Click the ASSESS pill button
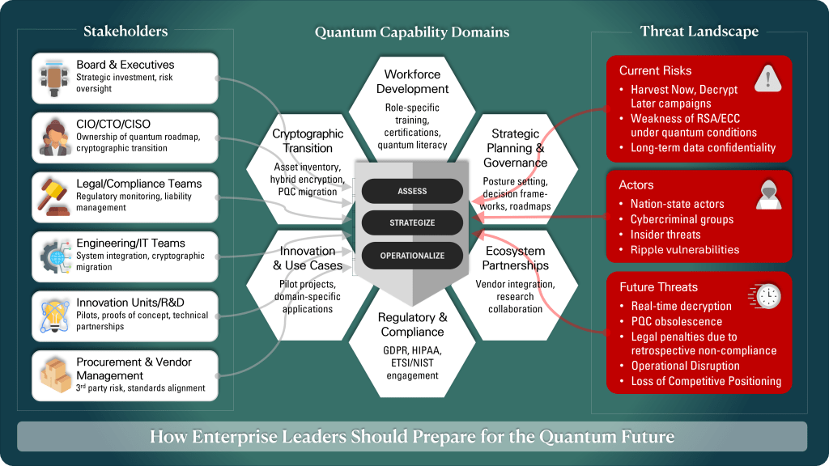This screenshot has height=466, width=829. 412,192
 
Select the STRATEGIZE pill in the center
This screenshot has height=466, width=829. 412,223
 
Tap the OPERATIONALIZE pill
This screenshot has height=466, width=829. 412,256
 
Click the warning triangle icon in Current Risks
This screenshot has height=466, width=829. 765,78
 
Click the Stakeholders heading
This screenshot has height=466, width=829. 125,32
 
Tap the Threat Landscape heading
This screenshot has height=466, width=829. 699,32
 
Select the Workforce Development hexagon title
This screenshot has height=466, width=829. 412,82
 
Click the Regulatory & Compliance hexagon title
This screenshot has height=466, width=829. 412,324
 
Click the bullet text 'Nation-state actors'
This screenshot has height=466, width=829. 677,204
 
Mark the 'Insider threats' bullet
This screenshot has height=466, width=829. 665,235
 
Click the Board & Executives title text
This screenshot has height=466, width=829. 125,65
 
